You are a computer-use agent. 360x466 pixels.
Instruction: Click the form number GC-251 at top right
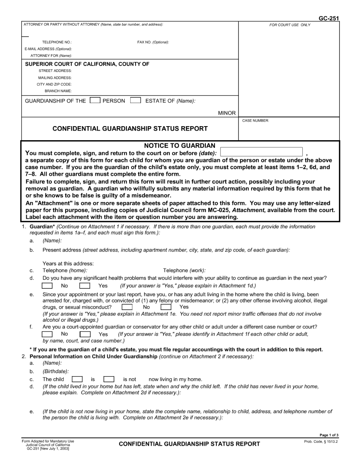coord(329,18)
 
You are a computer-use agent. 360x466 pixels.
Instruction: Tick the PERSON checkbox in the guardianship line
coord(95,100)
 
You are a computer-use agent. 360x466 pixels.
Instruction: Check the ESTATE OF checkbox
coord(135,100)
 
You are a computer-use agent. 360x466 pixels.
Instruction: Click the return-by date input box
coord(261,152)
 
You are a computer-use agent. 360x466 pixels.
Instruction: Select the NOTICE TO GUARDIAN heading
coord(180,146)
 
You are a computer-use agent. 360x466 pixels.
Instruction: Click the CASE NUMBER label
coord(255,120)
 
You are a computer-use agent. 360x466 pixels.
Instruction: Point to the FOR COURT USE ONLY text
coord(290,25)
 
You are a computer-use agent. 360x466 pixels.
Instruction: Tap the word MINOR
coord(227,113)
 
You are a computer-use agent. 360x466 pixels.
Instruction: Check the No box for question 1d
coord(47,286)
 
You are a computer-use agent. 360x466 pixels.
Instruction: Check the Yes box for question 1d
coord(85,286)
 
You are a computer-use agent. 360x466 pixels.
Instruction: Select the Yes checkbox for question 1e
coord(166,307)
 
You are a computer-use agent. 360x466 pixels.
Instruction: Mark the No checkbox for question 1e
coord(127,307)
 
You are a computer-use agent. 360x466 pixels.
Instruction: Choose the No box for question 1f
coord(47,334)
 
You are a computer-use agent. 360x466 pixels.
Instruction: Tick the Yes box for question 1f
coord(85,334)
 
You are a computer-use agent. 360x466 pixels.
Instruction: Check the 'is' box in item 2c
coord(77,379)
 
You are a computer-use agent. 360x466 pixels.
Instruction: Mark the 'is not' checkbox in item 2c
coord(109,379)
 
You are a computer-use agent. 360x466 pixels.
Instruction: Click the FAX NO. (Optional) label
coord(153,42)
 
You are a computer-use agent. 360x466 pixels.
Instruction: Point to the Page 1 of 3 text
coord(329,435)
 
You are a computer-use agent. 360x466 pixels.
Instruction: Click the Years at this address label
coord(68,264)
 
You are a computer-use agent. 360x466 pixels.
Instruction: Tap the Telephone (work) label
coord(184,271)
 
